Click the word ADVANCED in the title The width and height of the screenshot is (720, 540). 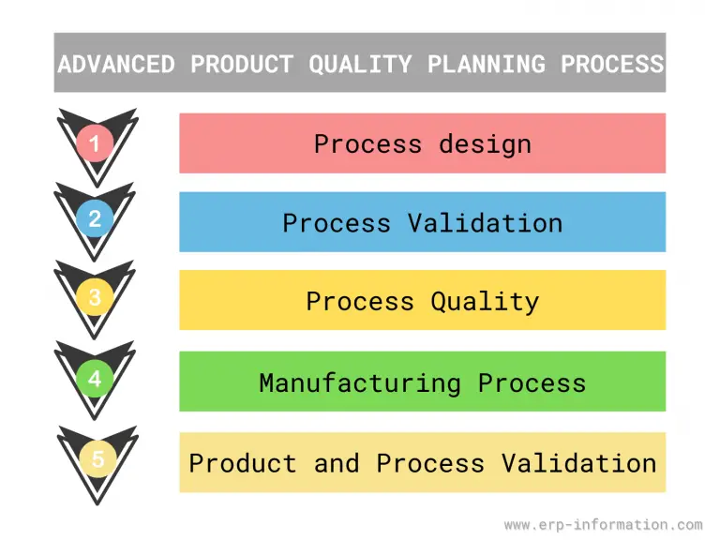115,64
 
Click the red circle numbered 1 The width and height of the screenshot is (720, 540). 95,143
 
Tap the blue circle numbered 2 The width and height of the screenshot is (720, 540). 95,219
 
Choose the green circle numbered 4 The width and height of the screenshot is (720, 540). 95,380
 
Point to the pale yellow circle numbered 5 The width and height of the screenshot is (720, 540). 97,460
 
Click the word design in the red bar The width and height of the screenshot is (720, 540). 485,144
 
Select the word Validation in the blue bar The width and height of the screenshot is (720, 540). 485,223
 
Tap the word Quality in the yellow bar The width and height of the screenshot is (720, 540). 485,302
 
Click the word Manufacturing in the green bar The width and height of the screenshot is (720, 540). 360,382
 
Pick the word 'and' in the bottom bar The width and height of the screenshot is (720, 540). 337,463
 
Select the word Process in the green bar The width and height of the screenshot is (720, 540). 532,382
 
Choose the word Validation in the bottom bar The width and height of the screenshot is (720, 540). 578,463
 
